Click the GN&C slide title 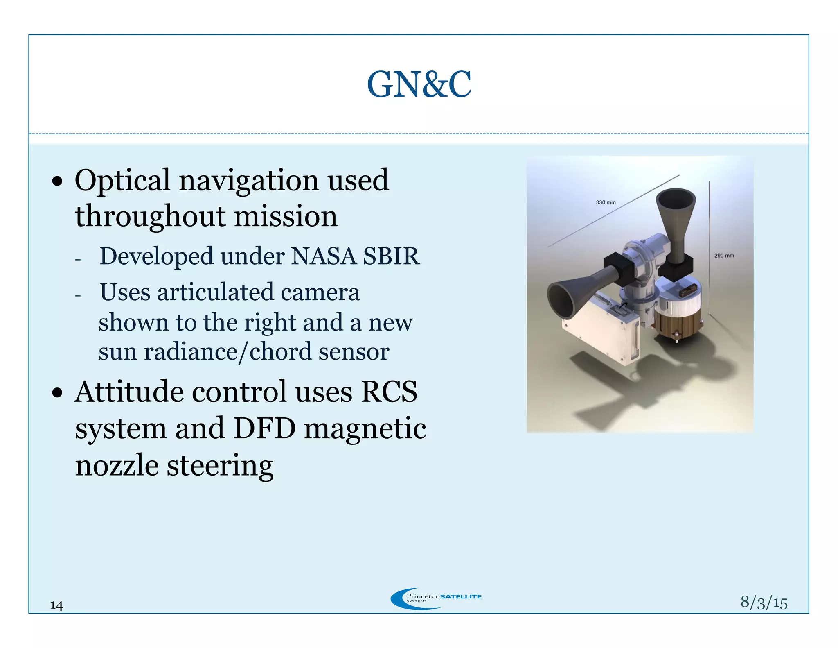pos(419,84)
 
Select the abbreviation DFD pos(264,428)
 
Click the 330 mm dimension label pos(606,202)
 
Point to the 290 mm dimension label pos(724,256)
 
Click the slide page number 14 pos(56,605)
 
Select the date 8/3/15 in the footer pos(764,602)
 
